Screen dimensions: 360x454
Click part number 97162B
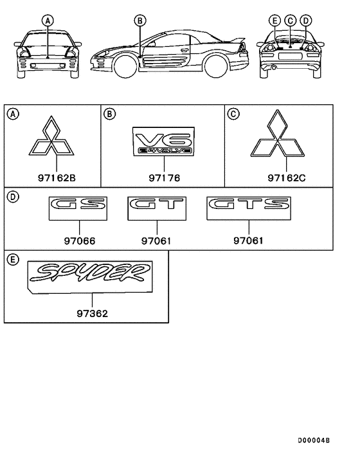coord(57,177)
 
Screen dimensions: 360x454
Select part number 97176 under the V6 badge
coord(165,177)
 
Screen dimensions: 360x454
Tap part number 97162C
coord(287,177)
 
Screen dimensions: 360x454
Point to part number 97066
coord(80,241)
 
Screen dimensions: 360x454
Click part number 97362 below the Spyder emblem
coord(93,314)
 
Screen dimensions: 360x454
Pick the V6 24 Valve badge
coord(164,141)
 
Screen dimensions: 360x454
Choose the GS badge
coord(78,208)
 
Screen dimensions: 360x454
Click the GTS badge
coord(249,208)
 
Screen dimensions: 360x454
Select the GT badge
coord(157,208)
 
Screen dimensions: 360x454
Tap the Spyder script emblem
coord(90,277)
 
